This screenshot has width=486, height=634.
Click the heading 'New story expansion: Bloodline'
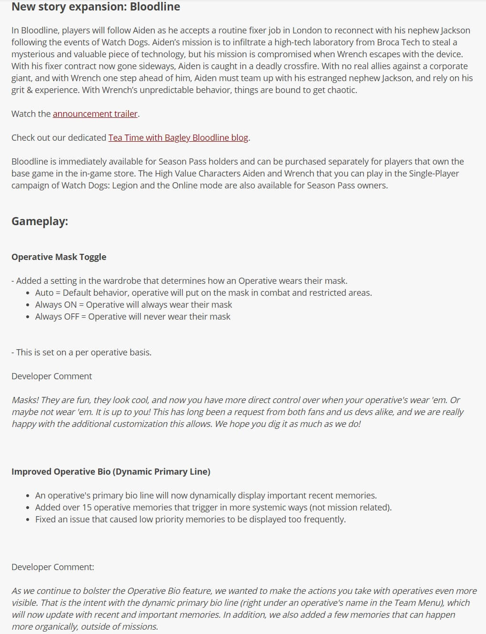click(96, 7)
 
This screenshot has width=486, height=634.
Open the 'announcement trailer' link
click(95, 114)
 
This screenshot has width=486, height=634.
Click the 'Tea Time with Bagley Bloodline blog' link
click(178, 137)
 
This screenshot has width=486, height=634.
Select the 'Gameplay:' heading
click(40, 221)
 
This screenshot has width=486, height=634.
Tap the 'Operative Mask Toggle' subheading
click(59, 257)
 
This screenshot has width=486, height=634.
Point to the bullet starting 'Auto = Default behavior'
click(203, 292)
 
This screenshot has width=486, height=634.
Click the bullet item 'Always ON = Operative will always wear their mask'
click(133, 304)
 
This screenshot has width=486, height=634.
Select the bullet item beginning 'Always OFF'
click(132, 316)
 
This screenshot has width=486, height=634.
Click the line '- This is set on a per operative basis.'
click(81, 352)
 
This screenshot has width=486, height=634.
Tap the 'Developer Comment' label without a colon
click(51, 376)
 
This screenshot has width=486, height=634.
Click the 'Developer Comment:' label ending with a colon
click(52, 567)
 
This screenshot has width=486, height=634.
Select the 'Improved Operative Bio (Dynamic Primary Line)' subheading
click(111, 471)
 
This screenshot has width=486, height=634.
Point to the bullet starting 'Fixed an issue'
click(190, 519)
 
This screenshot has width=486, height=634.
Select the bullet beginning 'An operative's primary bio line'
click(206, 495)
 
